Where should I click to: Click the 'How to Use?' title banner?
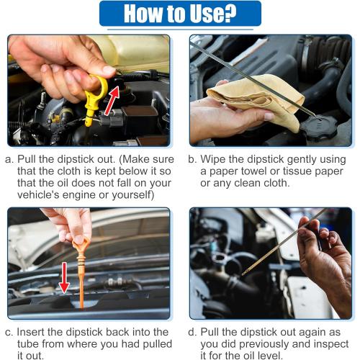[x=180, y=14]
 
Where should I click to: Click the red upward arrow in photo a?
[x=112, y=100]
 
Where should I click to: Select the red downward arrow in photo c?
[x=64, y=277]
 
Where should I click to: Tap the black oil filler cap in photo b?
[x=319, y=127]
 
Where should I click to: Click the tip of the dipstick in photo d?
[x=243, y=274]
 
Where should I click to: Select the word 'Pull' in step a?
[x=27, y=159]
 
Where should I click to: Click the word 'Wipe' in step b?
[x=213, y=159]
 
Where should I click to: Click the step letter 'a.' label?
[x=9, y=160]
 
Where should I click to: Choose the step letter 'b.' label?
[x=192, y=159]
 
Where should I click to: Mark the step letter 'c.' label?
[x=9, y=333]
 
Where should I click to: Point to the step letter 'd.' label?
[x=192, y=332]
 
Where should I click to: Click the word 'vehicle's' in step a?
[x=38, y=195]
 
